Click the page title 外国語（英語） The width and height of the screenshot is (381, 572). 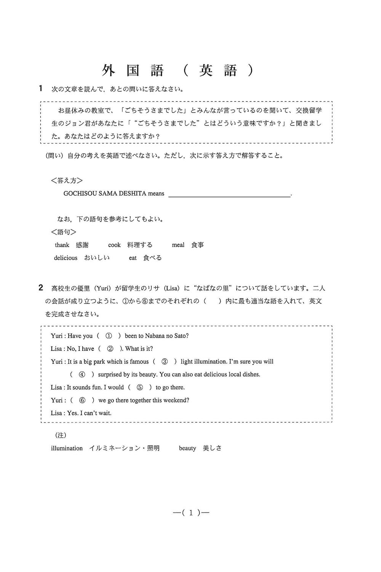click(178, 71)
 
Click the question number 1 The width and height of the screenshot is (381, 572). click(41, 89)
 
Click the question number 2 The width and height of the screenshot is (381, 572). click(41, 288)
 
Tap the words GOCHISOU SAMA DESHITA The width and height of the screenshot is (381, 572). click(105, 193)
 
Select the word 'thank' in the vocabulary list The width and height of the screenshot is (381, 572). click(62, 245)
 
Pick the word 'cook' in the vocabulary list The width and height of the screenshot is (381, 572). click(114, 245)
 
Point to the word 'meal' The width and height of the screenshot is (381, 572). click(178, 245)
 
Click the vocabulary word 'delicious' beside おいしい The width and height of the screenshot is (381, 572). click(66, 258)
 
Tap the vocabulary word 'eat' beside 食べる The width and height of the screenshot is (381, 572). click(133, 258)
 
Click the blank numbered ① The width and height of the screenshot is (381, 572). click(109, 336)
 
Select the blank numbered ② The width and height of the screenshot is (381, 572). click(110, 349)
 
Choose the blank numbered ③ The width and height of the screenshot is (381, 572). click(165, 362)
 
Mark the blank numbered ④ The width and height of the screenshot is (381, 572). click(82, 374)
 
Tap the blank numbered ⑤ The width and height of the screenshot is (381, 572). click(140, 387)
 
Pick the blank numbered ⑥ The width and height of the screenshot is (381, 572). click(82, 400)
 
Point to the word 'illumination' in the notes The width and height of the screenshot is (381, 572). click(67, 448)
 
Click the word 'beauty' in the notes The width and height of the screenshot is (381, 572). click(187, 448)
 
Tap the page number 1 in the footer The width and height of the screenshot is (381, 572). click(191, 513)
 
